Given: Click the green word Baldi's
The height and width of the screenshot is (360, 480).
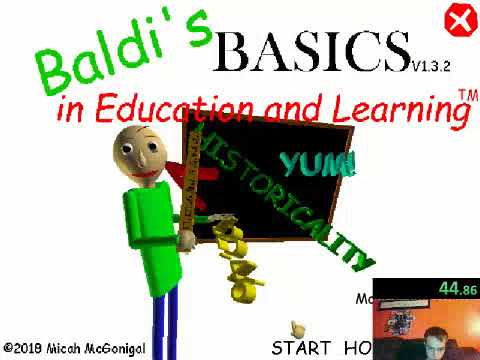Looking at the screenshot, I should pyautogui.click(x=125, y=55).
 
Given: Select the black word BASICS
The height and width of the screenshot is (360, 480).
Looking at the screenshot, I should pyautogui.click(x=312, y=52).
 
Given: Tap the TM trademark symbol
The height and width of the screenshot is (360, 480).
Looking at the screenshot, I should pyautogui.click(x=466, y=94).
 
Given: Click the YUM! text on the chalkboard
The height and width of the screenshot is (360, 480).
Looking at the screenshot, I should pyautogui.click(x=317, y=163).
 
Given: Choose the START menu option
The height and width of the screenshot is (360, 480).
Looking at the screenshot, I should pyautogui.click(x=301, y=348).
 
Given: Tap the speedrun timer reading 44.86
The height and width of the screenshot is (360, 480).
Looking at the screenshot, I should pyautogui.click(x=457, y=289).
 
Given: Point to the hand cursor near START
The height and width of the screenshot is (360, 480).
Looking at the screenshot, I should pyautogui.click(x=296, y=327).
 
